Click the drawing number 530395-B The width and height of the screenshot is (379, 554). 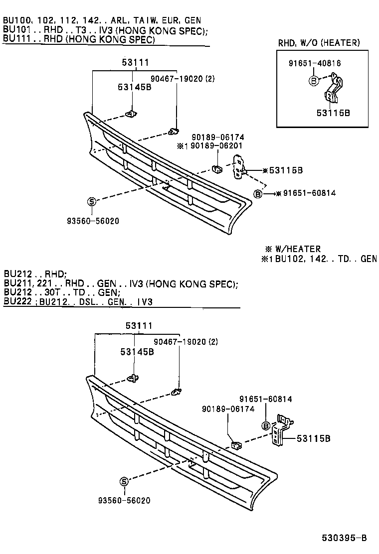(x=344, y=538)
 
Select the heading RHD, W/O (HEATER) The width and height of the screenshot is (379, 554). (x=318, y=43)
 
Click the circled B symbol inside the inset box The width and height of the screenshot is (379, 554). (x=313, y=80)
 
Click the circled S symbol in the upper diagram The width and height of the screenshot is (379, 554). (x=92, y=201)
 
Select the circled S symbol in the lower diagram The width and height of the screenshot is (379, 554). (x=124, y=481)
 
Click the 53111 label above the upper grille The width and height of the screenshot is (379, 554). (x=135, y=62)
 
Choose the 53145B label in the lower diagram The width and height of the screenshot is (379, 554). (x=137, y=351)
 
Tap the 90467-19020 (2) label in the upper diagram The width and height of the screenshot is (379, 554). (x=183, y=79)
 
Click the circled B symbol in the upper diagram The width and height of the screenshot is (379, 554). (x=258, y=194)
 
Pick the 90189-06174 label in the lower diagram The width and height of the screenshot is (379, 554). (x=228, y=409)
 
